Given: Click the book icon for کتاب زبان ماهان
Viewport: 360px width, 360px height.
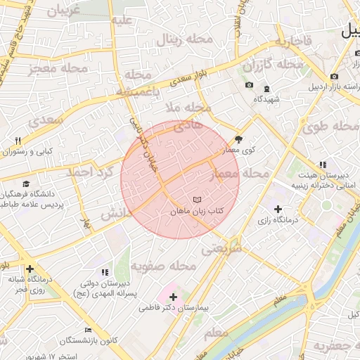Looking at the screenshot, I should click(x=197, y=200).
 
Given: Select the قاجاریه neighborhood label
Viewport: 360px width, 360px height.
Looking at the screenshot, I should click(x=292, y=41).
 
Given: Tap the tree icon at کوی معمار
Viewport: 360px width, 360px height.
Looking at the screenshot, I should click(x=238, y=139).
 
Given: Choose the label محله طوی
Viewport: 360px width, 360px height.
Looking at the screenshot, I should click(x=330, y=127).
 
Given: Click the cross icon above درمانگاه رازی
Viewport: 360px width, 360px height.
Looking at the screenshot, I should click(x=278, y=209).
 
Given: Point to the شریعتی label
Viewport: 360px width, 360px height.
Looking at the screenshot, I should click(x=221, y=248).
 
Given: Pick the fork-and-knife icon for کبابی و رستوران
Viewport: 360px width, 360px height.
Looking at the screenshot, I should click(x=18, y=141).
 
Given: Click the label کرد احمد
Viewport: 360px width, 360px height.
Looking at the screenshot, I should click(x=89, y=172).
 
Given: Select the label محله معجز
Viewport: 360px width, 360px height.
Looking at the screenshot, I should click(x=58, y=68).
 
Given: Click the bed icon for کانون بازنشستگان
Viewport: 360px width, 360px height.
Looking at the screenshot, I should click(x=88, y=330).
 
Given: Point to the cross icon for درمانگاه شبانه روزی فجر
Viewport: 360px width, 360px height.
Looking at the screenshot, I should click(x=30, y=269).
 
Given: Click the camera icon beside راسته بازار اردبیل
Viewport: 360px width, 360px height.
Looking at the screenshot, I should click(x=333, y=76).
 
